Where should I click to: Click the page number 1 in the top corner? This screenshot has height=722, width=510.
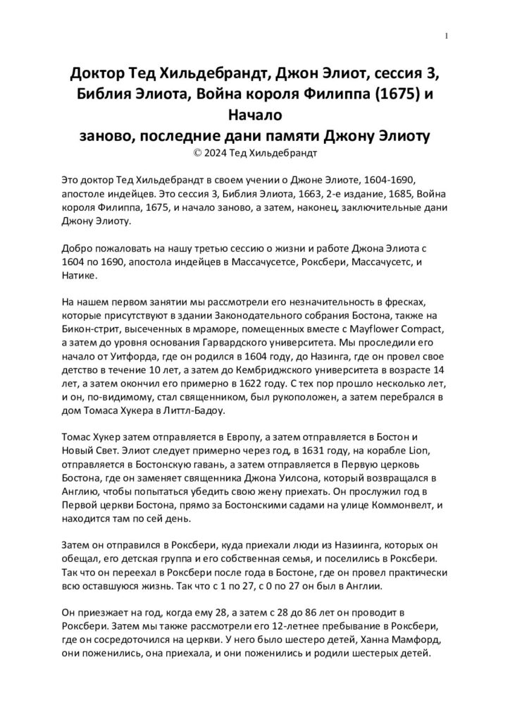point(447,37)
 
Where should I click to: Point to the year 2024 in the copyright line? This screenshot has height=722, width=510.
point(207,149)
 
